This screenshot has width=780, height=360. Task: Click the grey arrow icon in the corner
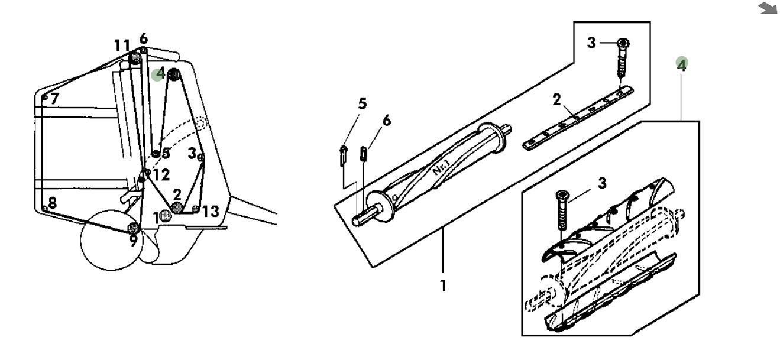[768, 8]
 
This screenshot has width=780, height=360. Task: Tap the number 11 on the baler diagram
[122, 46]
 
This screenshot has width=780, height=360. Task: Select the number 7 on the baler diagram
[54, 99]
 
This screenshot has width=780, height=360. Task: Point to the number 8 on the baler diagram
[52, 203]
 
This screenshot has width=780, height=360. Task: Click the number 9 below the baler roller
[134, 241]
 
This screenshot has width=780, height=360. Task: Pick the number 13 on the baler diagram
[211, 212]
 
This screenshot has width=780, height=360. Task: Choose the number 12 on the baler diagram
[161, 175]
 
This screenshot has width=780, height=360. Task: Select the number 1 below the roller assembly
[443, 286]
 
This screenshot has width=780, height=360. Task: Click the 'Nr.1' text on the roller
[441, 167]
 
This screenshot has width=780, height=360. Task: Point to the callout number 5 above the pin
[363, 103]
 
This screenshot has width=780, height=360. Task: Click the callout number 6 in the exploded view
[387, 121]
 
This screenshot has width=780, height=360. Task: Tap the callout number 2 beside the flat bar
[557, 100]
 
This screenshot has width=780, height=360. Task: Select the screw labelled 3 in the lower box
[562, 210]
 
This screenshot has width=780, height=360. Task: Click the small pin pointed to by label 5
[343, 156]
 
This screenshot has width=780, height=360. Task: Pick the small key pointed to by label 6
[364, 154]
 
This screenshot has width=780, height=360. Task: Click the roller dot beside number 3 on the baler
[201, 157]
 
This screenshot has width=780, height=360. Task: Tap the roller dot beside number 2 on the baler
[177, 207]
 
